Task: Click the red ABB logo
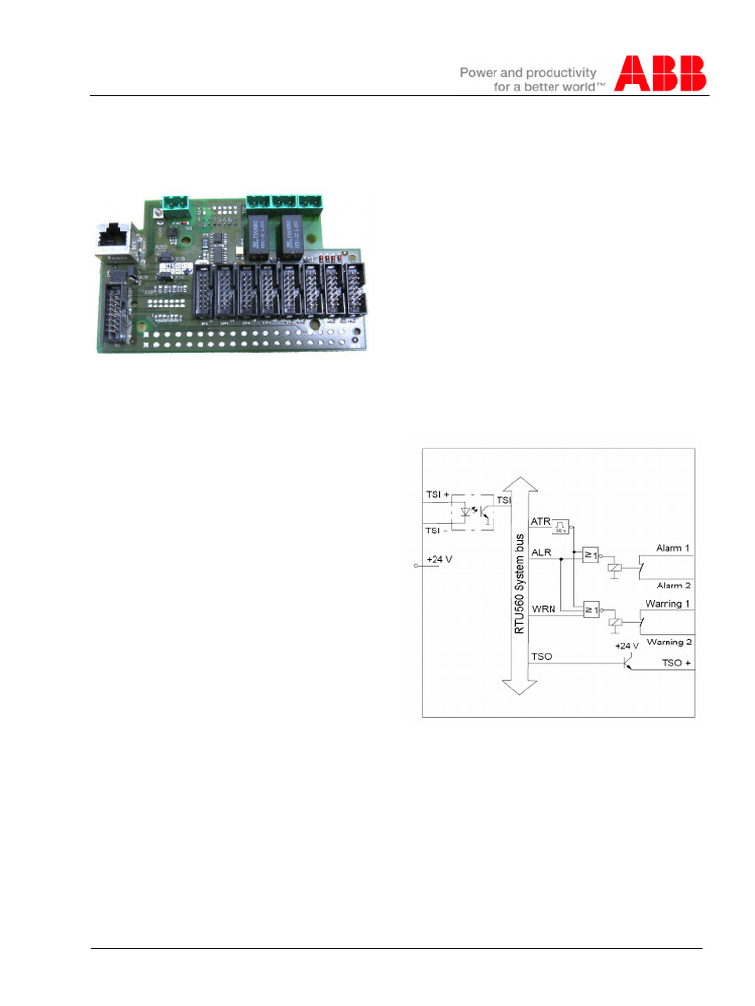(661, 74)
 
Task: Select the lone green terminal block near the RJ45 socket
(178, 201)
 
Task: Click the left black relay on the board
(258, 235)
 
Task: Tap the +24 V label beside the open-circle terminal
(439, 559)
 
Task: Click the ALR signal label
(541, 553)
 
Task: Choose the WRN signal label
(542, 610)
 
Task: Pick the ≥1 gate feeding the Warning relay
(592, 609)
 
